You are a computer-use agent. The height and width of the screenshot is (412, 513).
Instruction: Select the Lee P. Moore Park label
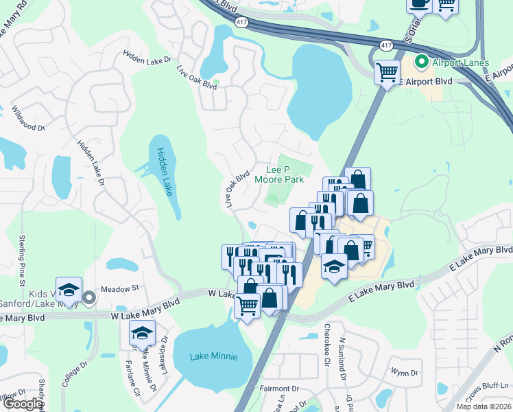point(279,174)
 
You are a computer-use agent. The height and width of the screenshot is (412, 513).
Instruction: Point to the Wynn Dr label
point(405,372)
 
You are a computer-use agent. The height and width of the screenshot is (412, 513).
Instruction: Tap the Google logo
point(23,404)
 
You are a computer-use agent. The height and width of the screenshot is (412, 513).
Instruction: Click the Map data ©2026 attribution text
point(484,407)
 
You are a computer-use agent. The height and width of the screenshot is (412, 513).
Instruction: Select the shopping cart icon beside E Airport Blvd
point(387,71)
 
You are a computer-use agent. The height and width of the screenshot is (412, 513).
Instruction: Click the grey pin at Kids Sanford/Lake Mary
point(89,297)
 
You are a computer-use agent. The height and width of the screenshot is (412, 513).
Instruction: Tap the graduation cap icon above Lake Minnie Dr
point(141,333)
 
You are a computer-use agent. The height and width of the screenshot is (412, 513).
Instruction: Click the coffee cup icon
point(419,3)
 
